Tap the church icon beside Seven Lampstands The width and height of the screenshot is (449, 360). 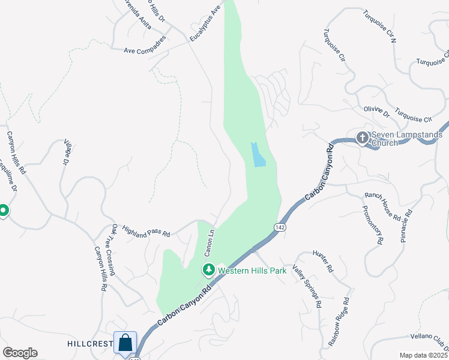pos(363,138)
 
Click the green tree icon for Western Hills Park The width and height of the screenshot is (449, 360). pos(208,270)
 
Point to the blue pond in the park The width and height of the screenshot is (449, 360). pos(257,155)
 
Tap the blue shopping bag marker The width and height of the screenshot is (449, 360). pos(125,344)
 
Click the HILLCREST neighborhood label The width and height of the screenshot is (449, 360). pos(91,344)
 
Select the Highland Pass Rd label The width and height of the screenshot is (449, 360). pos(146,230)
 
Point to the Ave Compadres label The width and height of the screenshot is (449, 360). pos(145,51)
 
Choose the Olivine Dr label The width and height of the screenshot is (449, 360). pos(377,112)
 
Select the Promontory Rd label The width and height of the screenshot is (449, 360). pos(372,225)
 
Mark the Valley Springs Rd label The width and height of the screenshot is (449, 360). pos(307,286)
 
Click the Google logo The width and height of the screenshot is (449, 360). pos(20,353)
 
